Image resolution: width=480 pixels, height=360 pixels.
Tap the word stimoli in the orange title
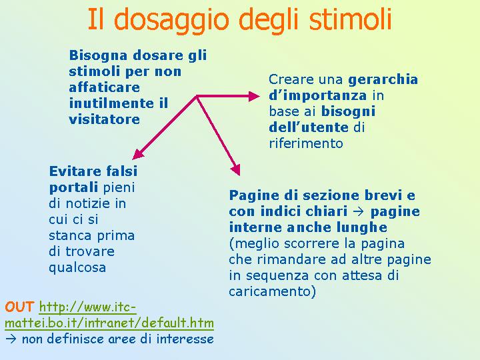(x=351, y=19)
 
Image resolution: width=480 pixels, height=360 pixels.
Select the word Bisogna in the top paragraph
(x=98, y=56)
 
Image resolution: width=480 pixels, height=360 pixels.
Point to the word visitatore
(x=105, y=119)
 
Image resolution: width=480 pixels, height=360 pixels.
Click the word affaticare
(x=105, y=87)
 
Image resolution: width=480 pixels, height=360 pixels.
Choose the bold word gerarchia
(x=383, y=80)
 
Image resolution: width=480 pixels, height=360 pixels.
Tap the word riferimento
(x=306, y=143)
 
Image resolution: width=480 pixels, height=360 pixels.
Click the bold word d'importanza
(x=318, y=96)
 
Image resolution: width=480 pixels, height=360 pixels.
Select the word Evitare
(x=75, y=171)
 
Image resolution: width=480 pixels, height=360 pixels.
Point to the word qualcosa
(x=77, y=268)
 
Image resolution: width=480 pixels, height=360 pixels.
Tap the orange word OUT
(x=19, y=307)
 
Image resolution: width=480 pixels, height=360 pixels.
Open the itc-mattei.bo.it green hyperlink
(x=109, y=315)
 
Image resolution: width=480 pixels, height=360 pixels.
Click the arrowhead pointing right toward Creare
(x=254, y=97)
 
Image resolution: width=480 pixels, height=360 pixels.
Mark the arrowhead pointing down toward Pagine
(x=236, y=169)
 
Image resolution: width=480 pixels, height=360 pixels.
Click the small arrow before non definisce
(x=11, y=339)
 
